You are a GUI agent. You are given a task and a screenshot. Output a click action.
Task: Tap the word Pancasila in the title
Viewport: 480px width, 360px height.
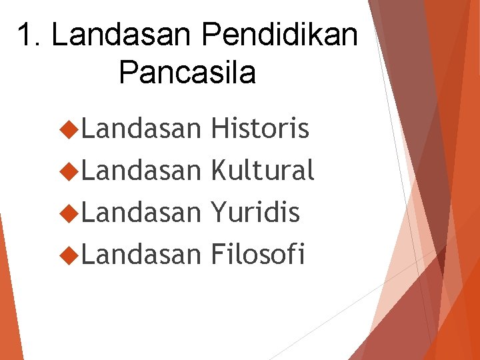(187, 72)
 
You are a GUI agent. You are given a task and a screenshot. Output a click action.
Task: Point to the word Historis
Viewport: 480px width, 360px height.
(259, 129)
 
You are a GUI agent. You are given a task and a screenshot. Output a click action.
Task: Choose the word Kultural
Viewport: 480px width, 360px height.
(262, 171)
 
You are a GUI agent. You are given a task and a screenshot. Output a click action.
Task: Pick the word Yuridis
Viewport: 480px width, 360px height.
(255, 213)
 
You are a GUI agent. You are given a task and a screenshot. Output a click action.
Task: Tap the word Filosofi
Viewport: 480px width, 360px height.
(258, 254)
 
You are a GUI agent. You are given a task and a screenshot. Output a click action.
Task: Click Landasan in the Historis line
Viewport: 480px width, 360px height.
(141, 129)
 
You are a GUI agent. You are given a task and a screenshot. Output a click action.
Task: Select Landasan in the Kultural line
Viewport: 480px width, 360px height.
(141, 171)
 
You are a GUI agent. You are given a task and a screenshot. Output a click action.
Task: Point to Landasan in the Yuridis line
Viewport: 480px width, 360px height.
(141, 213)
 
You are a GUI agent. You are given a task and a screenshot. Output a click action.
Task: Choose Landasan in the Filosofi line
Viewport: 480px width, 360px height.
(141, 254)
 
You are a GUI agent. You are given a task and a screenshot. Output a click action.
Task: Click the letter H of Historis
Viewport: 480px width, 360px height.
(218, 129)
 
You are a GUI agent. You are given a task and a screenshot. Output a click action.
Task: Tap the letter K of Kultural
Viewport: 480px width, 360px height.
(218, 171)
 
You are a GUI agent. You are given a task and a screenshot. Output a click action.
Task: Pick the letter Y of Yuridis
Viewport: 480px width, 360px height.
(217, 213)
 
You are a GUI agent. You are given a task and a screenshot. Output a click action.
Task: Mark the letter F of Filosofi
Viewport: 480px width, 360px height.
(217, 254)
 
